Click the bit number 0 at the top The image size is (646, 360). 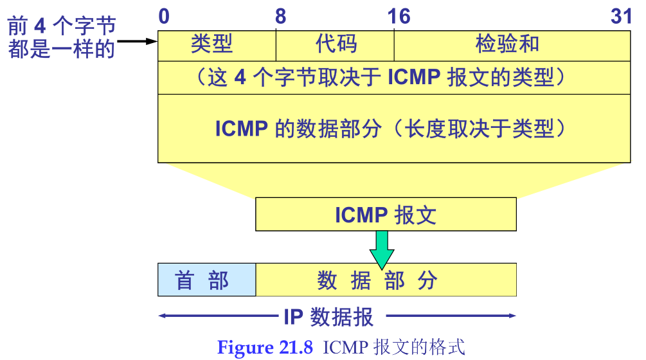click(x=164, y=16)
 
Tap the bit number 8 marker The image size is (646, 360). click(x=280, y=16)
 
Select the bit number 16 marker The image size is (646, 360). click(x=399, y=16)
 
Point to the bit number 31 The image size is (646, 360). click(x=622, y=16)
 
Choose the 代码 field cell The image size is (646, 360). click(x=336, y=44)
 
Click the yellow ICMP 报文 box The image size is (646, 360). click(x=386, y=215)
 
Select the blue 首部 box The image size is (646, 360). click(x=206, y=280)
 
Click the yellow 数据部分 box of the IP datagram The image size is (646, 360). click(x=386, y=280)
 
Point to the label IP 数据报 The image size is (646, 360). click(x=328, y=316)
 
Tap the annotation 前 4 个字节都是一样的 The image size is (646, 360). click(x=62, y=38)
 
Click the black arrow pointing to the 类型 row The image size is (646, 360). click(x=138, y=42)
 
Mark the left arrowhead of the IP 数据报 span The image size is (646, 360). click(x=163, y=316)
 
